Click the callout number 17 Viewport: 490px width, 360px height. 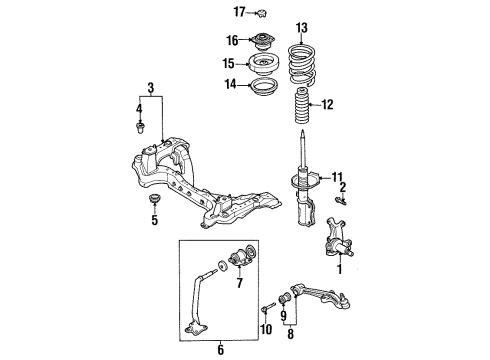point(239,12)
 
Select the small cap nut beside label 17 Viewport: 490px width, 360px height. point(262,14)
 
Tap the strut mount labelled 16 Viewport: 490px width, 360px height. point(263,41)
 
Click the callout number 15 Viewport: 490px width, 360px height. point(229,63)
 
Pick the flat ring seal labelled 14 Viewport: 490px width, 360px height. point(263,87)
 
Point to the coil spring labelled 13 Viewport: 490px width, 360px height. point(303,65)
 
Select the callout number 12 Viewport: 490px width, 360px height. point(327,105)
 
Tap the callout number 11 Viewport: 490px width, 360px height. point(337,177)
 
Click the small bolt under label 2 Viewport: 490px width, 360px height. point(340,200)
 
